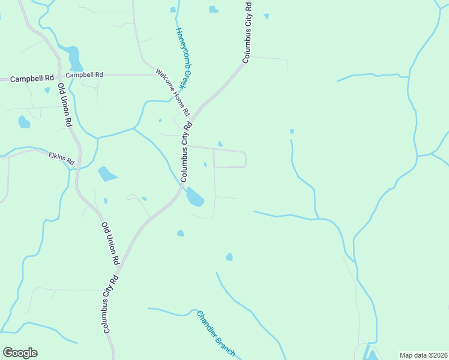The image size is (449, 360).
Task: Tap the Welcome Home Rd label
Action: pyautogui.click(x=172, y=92)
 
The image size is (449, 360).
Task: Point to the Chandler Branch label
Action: pyautogui.click(x=215, y=334)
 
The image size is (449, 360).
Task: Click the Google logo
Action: pyautogui.click(x=20, y=353)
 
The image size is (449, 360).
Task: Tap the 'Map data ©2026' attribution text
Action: pyautogui.click(x=423, y=355)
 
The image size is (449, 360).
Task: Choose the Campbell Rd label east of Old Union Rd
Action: pyautogui.click(x=85, y=75)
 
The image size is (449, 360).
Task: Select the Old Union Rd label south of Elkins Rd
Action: pyautogui.click(x=110, y=244)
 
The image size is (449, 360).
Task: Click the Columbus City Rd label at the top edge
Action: pyautogui.click(x=247, y=32)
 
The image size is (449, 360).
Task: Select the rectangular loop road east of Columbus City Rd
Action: pyautogui.click(x=230, y=159)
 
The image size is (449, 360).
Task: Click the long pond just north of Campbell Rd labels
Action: pyautogui.click(x=74, y=58)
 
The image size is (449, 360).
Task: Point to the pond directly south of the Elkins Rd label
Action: pyautogui.click(x=107, y=174)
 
